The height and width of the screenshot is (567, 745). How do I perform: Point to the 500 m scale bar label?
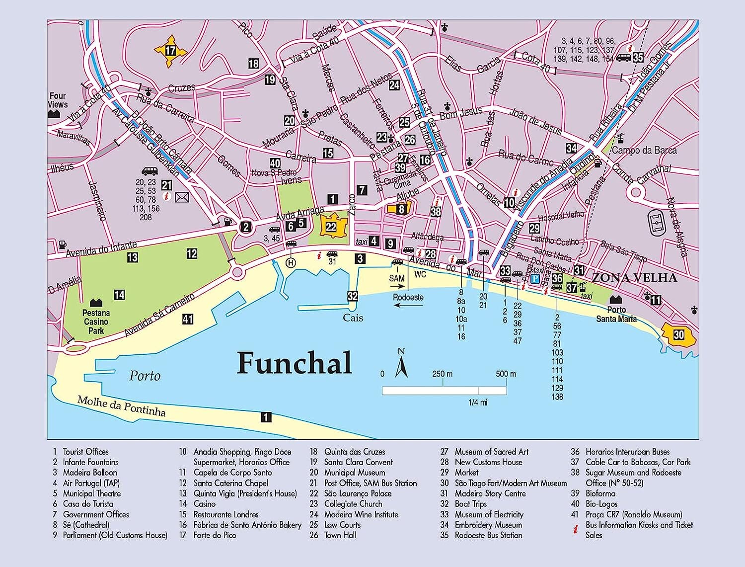[x=506, y=374]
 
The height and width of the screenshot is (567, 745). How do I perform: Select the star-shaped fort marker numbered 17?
[x=170, y=51]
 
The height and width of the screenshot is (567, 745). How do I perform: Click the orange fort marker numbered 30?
[x=678, y=335]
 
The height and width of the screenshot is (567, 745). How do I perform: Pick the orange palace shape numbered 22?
[x=331, y=227]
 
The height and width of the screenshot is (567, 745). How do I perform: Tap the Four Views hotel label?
[x=58, y=100]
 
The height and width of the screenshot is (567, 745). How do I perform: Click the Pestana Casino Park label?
[x=96, y=322]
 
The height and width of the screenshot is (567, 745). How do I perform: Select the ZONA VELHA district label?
[x=634, y=278]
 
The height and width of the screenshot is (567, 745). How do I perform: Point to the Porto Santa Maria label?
[x=616, y=314]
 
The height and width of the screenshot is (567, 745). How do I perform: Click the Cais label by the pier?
[x=353, y=318]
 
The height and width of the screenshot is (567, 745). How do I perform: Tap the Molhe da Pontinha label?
[x=121, y=405]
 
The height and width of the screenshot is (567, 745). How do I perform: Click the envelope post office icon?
[x=182, y=198]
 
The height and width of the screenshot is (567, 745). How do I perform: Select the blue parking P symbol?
[x=535, y=279]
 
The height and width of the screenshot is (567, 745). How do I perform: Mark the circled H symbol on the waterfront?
[x=291, y=262]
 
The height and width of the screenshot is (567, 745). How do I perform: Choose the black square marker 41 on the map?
[x=187, y=319]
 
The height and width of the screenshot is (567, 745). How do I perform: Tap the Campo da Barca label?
[x=644, y=150]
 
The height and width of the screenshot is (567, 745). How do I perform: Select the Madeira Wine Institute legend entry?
[x=361, y=514]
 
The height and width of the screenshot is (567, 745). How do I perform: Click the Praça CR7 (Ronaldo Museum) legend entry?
[x=634, y=514]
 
